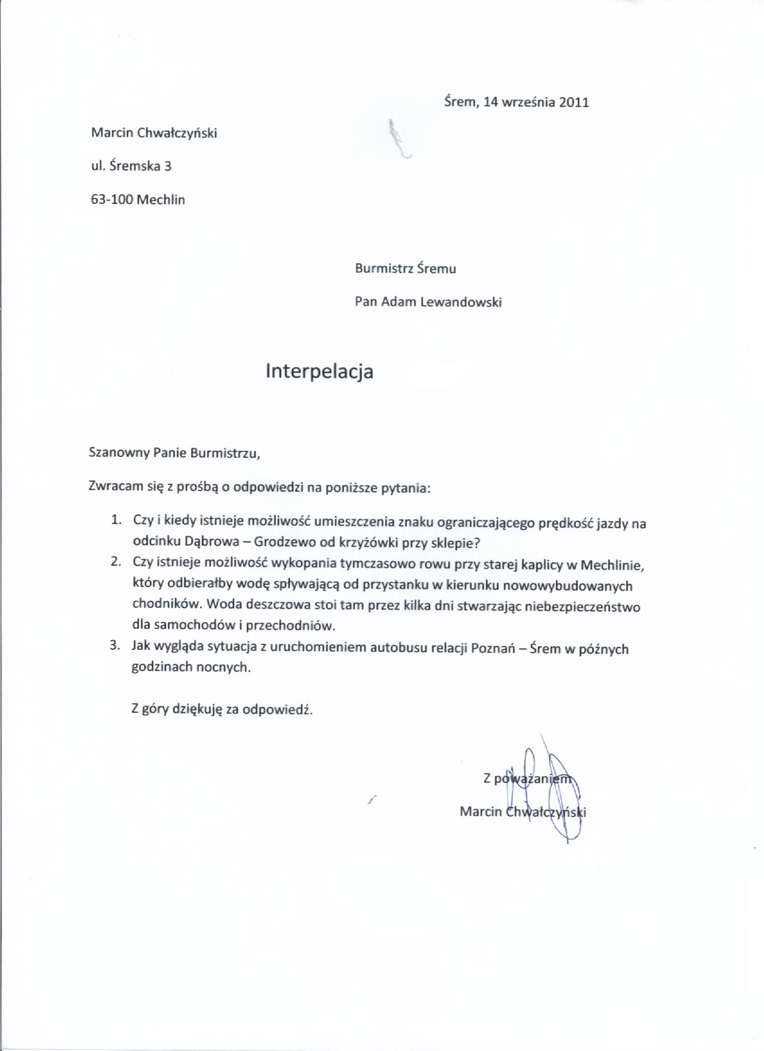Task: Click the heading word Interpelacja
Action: pos(319,372)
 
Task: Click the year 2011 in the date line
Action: pos(573,102)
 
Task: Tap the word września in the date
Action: pos(527,102)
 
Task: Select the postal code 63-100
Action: pos(112,200)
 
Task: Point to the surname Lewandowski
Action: pos(461,302)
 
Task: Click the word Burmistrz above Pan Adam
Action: pos(383,269)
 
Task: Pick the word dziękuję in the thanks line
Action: pos(197,709)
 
